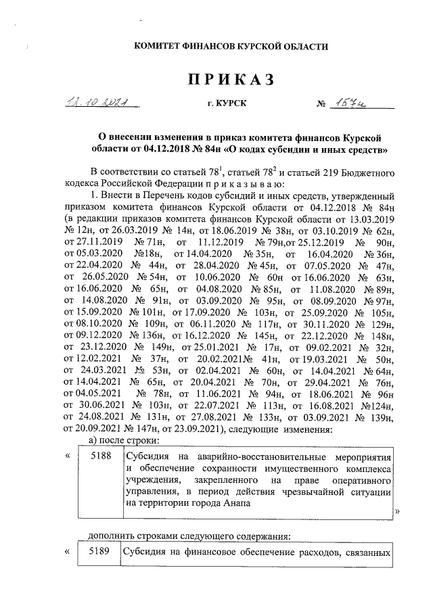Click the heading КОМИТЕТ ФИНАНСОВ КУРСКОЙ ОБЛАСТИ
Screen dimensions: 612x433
[231, 47]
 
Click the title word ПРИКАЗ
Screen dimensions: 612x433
[230, 80]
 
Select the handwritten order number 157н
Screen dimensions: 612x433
[357, 103]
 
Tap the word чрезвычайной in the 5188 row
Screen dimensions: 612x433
[309, 492]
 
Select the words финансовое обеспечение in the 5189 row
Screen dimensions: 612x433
[223, 552]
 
